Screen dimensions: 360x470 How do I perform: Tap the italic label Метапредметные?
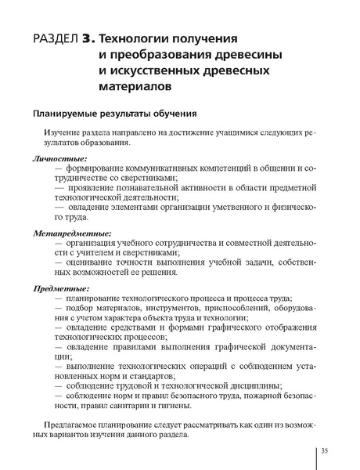coord(72,233)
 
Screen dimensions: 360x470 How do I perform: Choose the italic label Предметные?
coord(62,288)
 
